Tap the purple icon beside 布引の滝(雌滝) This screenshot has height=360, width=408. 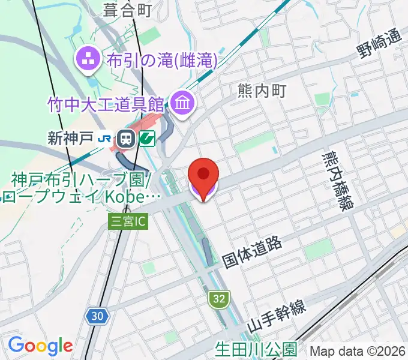[x=88, y=59]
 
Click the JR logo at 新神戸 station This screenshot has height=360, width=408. [x=104, y=139]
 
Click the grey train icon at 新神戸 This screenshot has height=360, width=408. [x=126, y=139]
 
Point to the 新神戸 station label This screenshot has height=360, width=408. [x=71, y=139]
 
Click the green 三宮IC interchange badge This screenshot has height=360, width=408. [x=127, y=221]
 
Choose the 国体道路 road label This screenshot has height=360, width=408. [x=252, y=251]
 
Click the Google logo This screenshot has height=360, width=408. [x=40, y=346]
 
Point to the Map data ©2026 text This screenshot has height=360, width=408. [x=358, y=350]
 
